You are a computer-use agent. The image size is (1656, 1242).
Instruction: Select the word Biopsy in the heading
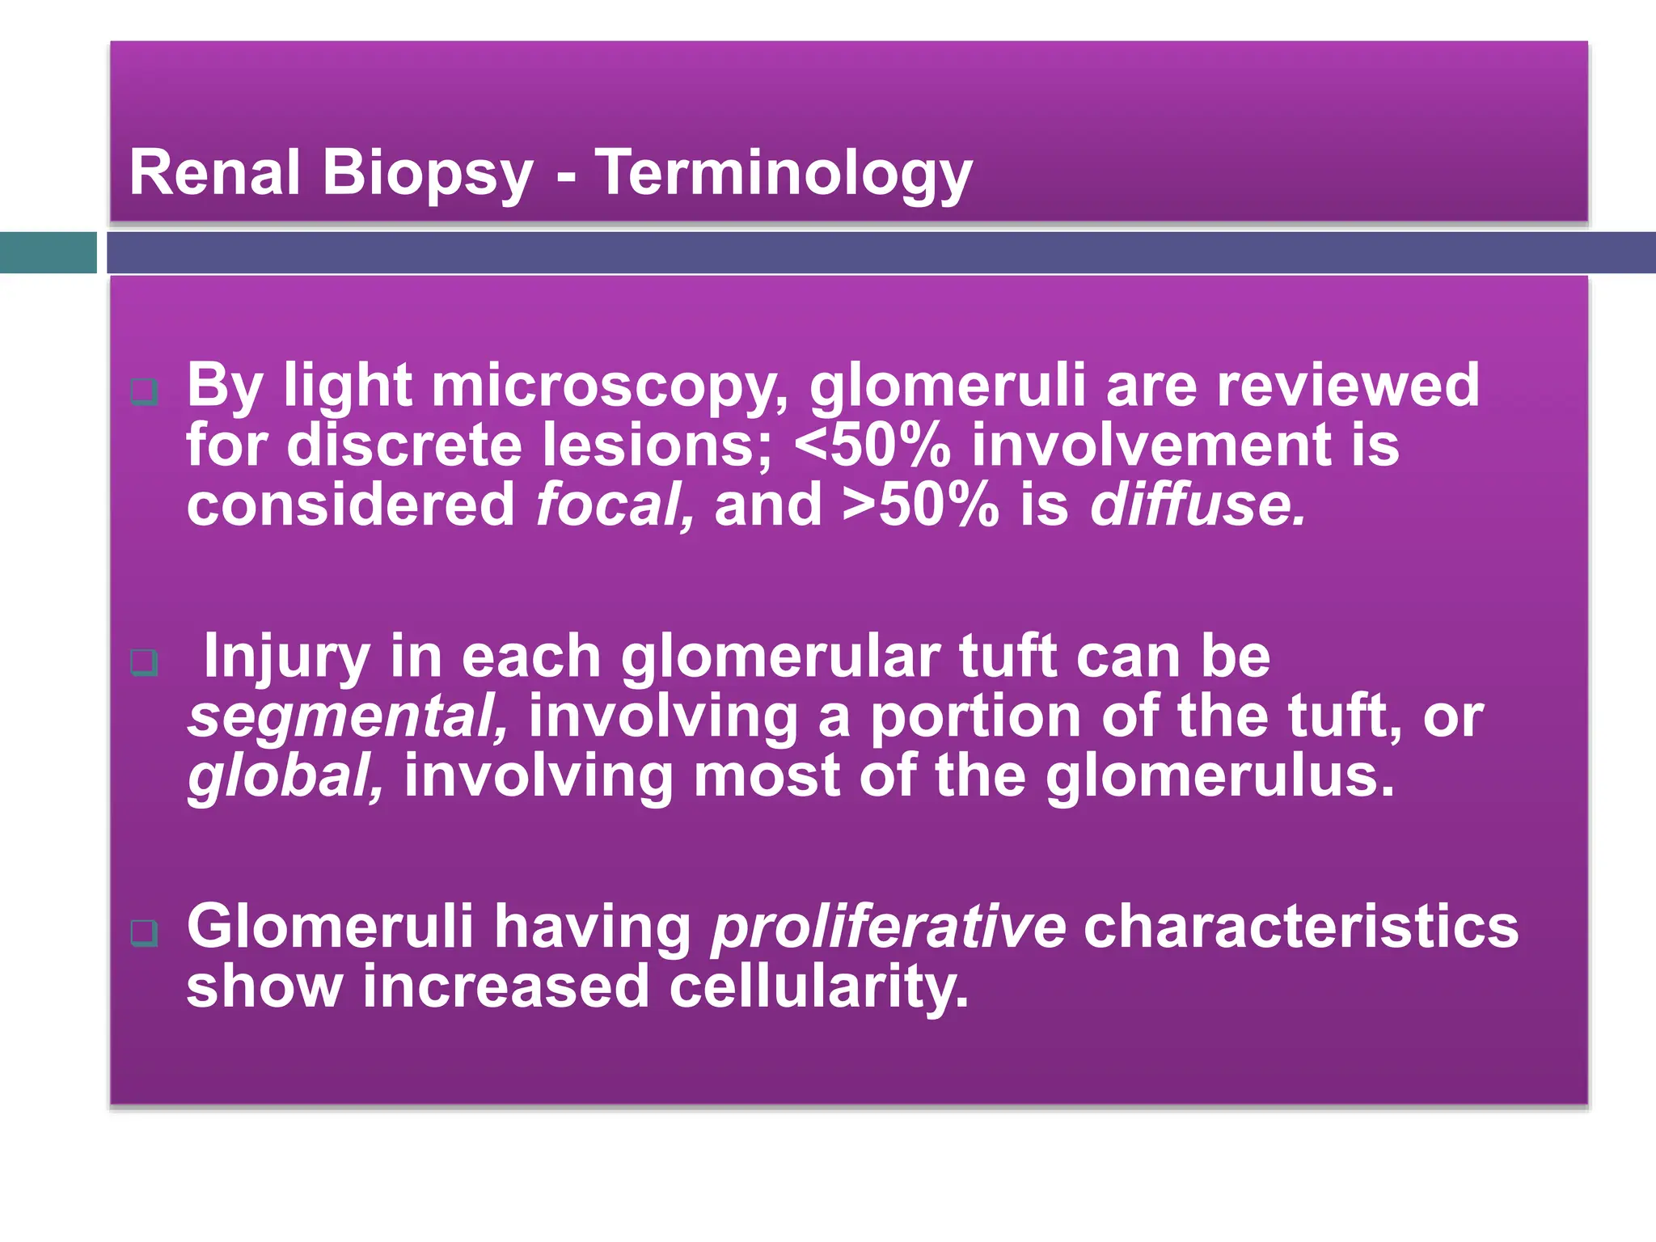click(428, 174)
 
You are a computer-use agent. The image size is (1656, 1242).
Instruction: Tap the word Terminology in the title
click(784, 174)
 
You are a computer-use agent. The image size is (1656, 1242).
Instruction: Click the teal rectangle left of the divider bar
click(48, 252)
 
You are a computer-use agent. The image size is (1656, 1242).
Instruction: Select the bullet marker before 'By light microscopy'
click(144, 393)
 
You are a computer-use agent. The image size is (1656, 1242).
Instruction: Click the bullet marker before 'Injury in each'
click(144, 663)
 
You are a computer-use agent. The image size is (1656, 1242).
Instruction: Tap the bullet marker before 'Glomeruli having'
click(144, 933)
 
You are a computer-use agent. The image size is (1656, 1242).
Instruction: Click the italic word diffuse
click(1197, 505)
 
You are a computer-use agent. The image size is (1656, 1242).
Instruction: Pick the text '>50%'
click(920, 505)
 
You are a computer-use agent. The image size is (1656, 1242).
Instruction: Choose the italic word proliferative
click(888, 927)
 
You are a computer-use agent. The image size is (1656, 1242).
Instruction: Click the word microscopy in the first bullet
click(610, 387)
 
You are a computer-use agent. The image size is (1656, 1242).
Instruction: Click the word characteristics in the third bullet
click(1300, 927)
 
